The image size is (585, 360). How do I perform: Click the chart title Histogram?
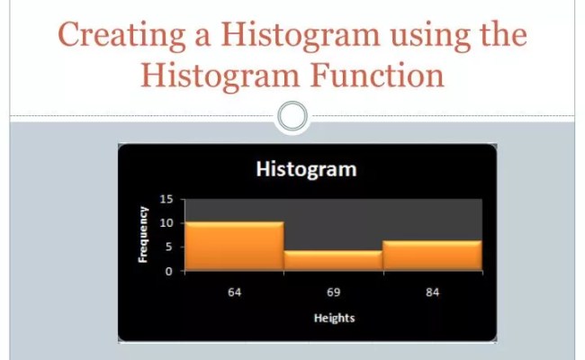tap(306, 169)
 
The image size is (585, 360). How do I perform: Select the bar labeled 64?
tap(234, 246)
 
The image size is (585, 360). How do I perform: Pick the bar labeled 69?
tap(333, 260)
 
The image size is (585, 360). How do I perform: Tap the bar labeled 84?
tap(432, 255)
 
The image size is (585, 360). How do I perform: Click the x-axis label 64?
tap(234, 294)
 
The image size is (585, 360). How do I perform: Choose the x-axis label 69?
tap(333, 294)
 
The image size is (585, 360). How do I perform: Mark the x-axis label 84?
tap(432, 294)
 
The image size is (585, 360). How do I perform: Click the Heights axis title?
tap(334, 319)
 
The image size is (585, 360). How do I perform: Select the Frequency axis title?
tap(142, 234)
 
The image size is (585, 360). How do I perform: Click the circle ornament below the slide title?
tap(292, 116)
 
